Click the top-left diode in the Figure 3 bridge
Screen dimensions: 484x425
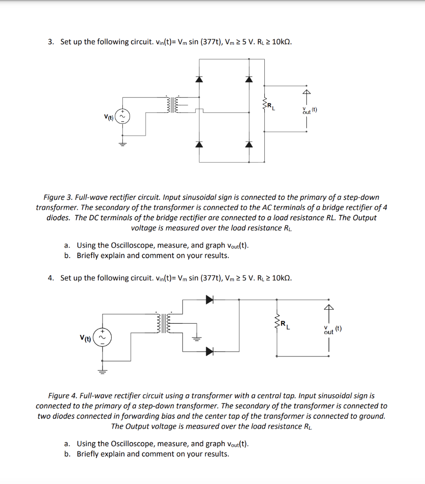199,79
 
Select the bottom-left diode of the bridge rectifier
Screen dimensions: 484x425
199,144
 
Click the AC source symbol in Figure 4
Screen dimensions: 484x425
101,338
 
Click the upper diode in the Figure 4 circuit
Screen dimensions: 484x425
209,299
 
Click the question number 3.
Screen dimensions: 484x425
51,42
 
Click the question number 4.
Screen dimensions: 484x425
51,278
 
